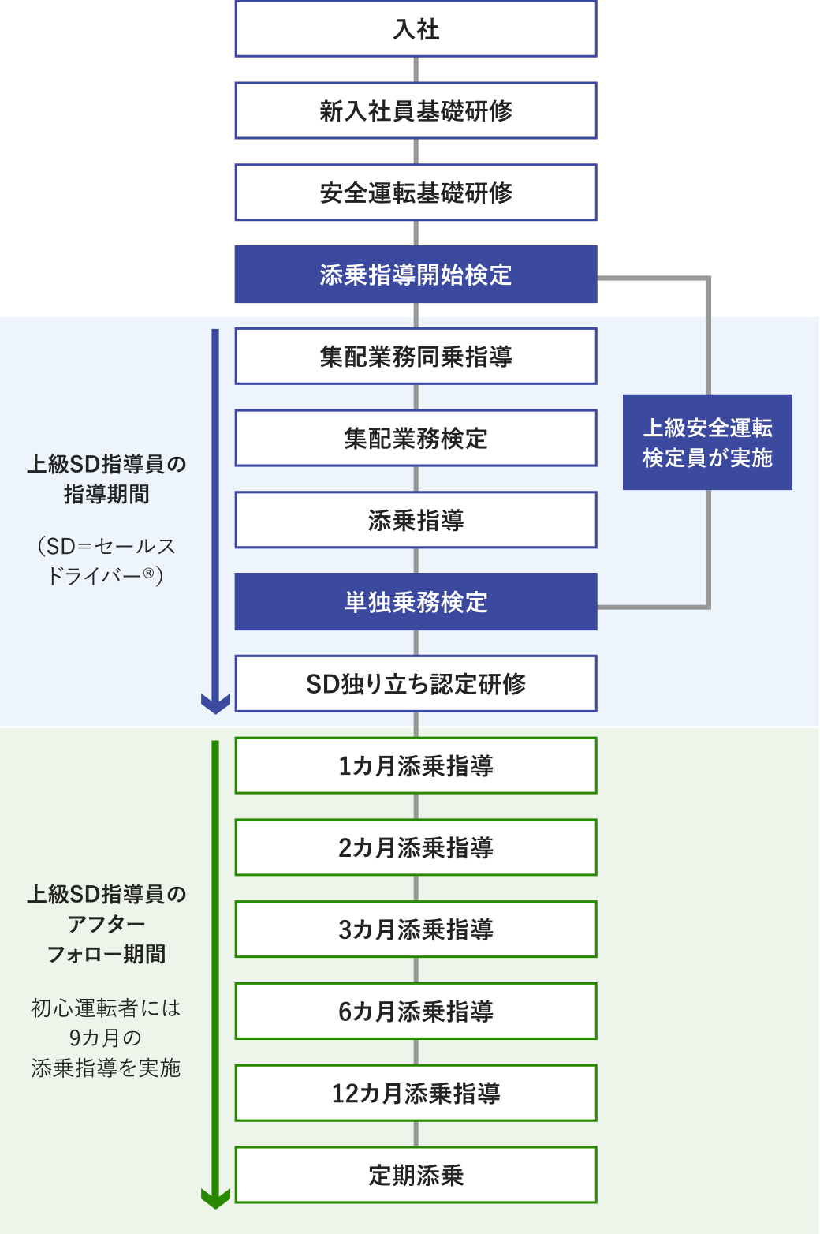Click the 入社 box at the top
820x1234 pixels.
[416, 29]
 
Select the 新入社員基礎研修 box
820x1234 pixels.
[416, 111]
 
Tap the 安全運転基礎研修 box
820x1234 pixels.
[416, 193]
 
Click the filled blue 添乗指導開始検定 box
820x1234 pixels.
[416, 275]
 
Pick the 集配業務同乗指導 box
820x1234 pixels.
[416, 357]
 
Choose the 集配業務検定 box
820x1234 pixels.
[416, 438]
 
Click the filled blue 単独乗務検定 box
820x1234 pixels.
[416, 602]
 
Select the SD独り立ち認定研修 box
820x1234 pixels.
[416, 683]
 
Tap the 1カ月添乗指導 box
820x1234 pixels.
[416, 765]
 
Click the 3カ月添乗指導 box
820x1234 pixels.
[416, 929]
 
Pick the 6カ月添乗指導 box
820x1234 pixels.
[416, 1011]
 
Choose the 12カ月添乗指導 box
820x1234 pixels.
[416, 1093]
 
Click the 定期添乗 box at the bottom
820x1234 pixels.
[416, 1175]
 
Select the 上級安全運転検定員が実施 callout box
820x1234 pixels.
[707, 443]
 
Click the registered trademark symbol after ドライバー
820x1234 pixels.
[148, 573]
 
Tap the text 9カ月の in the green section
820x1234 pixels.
[106, 1038]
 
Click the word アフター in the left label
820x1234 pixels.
[106, 924]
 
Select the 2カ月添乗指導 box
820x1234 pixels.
[416, 847]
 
